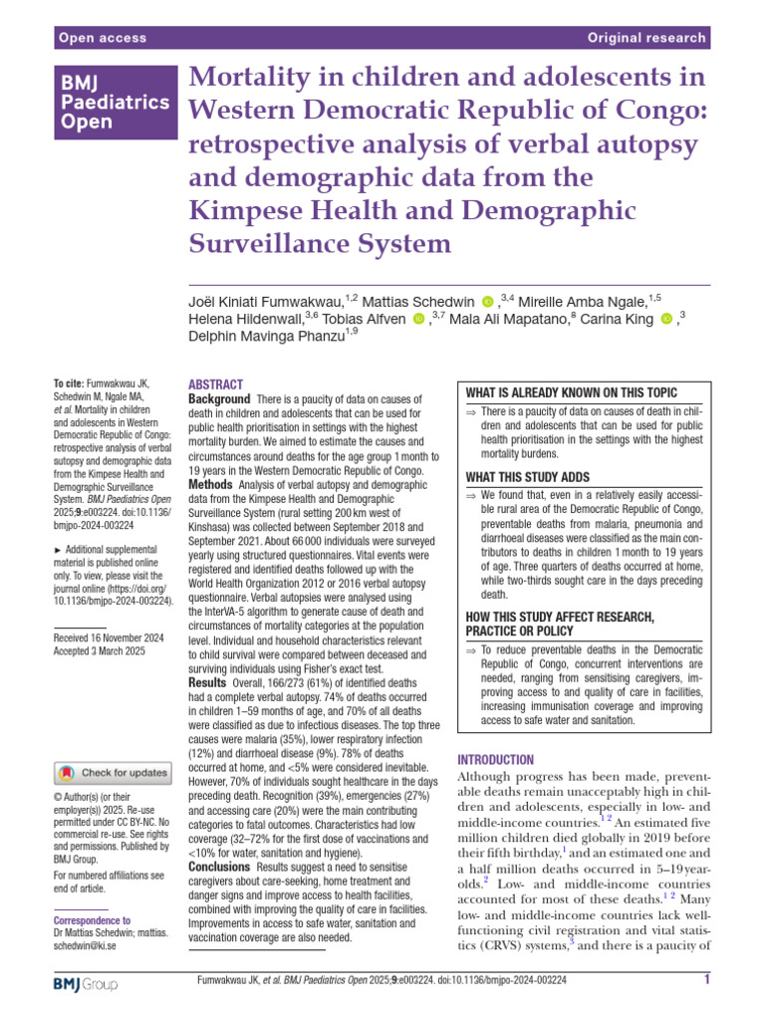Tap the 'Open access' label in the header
pyautogui.click(x=103, y=38)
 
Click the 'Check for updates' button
pyautogui.click(x=113, y=772)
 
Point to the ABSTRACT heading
pyautogui.click(x=215, y=384)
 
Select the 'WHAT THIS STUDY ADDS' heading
pyautogui.click(x=528, y=477)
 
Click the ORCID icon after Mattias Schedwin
pyautogui.click(x=487, y=300)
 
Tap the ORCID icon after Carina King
pyautogui.click(x=666, y=318)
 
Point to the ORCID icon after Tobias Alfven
pyautogui.click(x=417, y=318)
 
